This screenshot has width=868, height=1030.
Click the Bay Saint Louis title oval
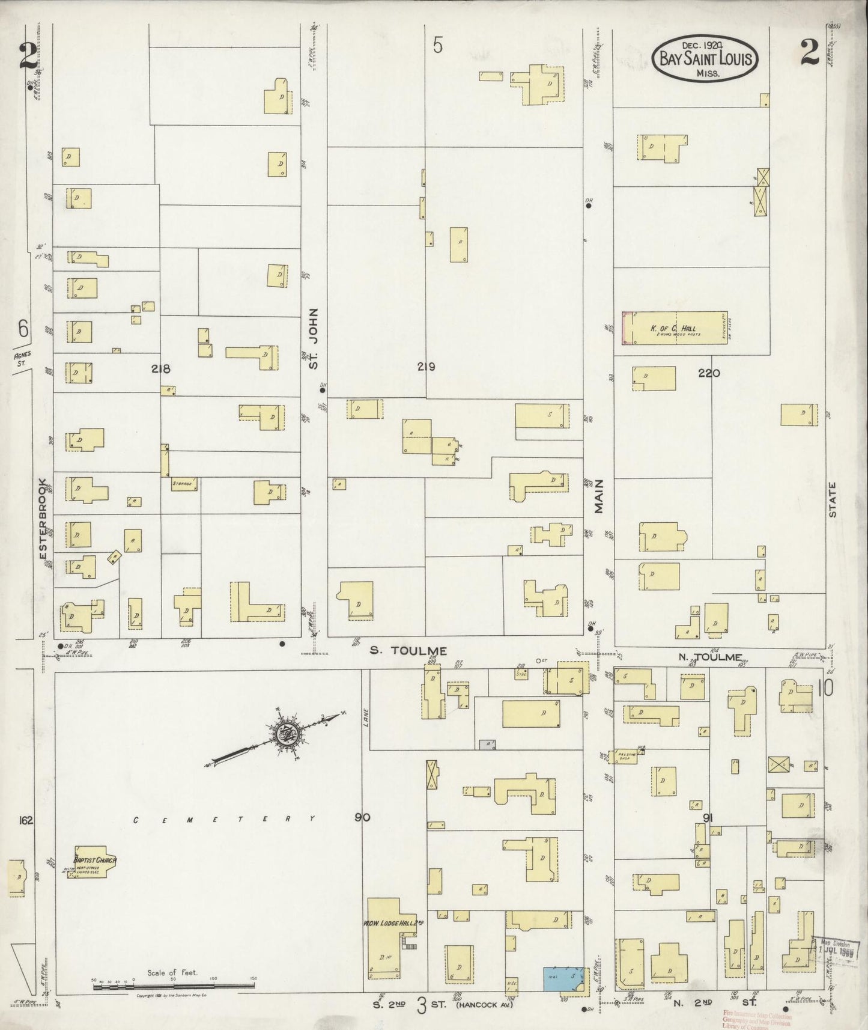tap(705, 59)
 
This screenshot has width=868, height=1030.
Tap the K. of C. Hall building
tap(674, 328)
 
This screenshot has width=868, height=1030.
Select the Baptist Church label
tap(95, 860)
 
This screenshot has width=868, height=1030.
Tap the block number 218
tap(161, 369)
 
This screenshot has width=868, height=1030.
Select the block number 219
tap(426, 367)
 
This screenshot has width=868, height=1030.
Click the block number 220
tap(709, 373)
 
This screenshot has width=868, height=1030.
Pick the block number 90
tap(362, 817)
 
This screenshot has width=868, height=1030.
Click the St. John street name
tap(314, 338)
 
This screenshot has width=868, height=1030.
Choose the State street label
tap(833, 501)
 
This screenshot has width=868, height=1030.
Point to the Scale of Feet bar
tap(173, 986)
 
